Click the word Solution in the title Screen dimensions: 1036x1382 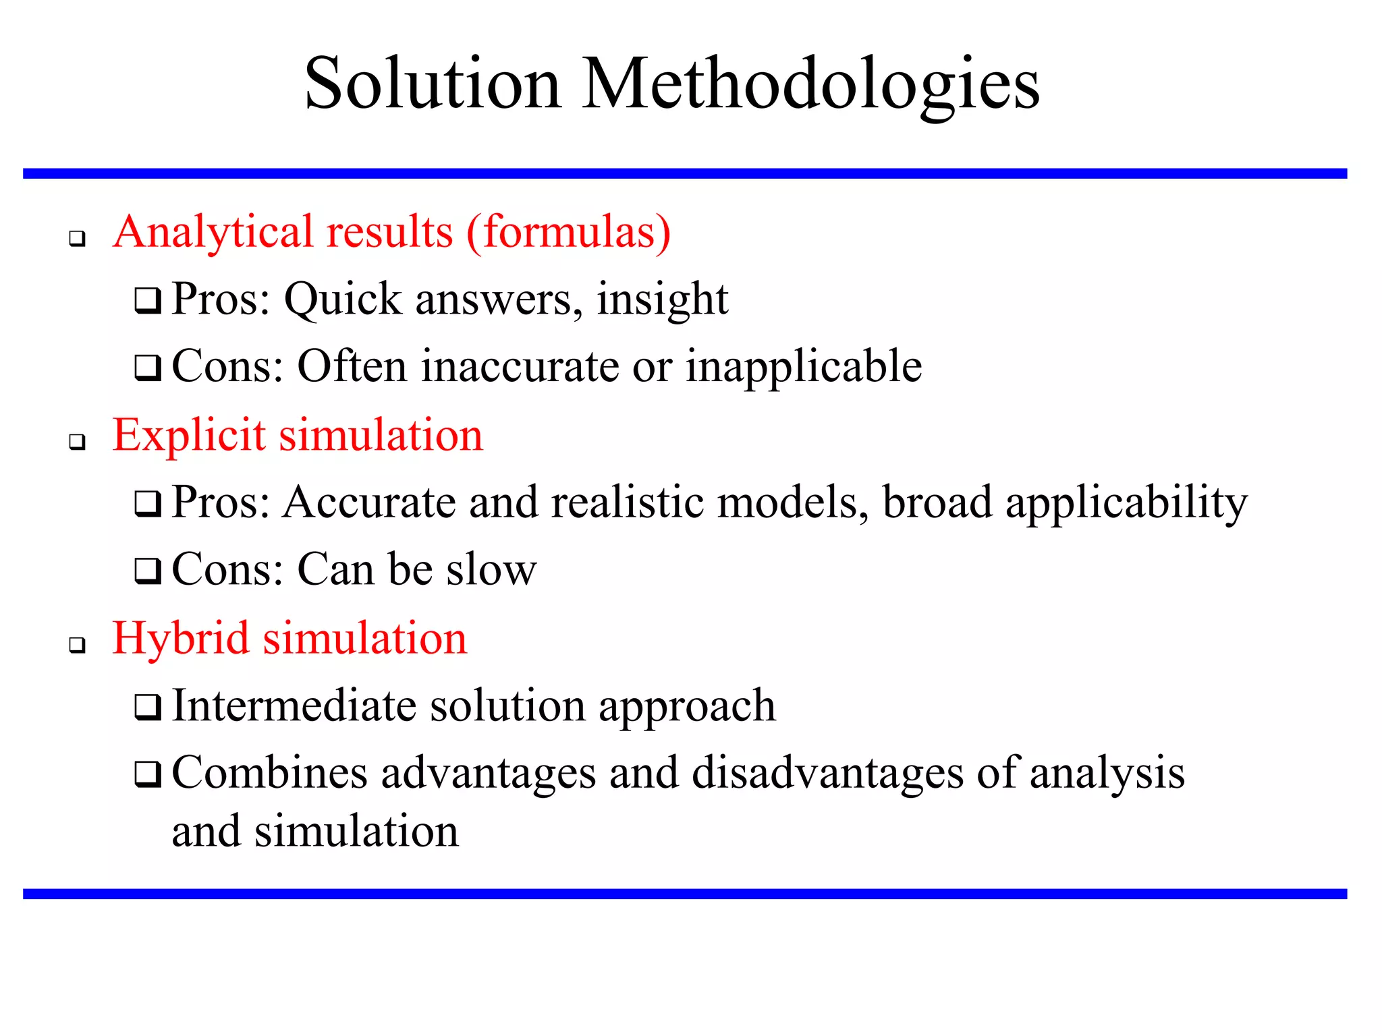click(x=433, y=84)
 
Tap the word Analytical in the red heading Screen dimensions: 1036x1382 click(x=215, y=233)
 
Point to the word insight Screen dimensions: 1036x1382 click(x=662, y=300)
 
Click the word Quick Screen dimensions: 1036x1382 click(x=342, y=299)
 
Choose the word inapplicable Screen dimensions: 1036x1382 click(x=804, y=368)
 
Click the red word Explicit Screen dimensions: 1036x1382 click(x=189, y=436)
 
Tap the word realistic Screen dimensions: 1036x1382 click(x=628, y=502)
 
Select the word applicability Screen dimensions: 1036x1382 click(x=1126, y=504)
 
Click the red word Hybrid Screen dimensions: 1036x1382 click(x=180, y=639)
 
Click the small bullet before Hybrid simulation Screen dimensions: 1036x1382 click(x=78, y=645)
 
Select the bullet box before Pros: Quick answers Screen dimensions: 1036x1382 click(x=148, y=300)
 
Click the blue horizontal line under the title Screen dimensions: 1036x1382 click(x=685, y=174)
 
